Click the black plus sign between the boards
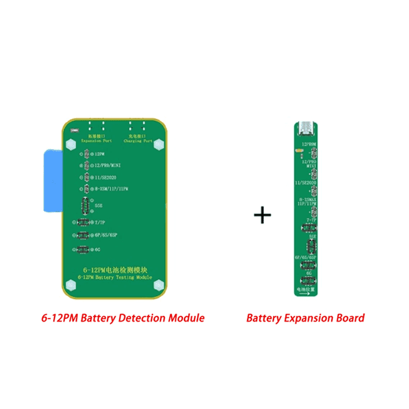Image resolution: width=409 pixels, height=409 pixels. point(262,215)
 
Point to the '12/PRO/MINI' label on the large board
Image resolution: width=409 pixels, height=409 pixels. point(108,166)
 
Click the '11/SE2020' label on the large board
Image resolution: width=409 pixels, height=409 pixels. point(106,178)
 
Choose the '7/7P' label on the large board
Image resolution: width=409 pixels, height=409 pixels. point(98,223)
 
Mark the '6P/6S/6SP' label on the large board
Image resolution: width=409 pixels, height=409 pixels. point(105,235)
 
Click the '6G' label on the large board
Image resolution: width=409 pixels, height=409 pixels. point(97,249)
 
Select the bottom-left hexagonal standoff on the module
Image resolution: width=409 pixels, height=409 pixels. point(71,286)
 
